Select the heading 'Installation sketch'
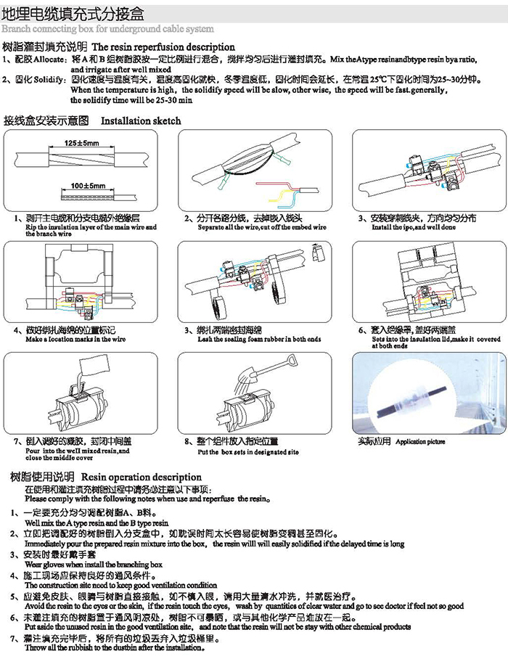[x=141, y=120]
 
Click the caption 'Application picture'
[x=421, y=441]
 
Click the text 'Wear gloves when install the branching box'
[x=94, y=564]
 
